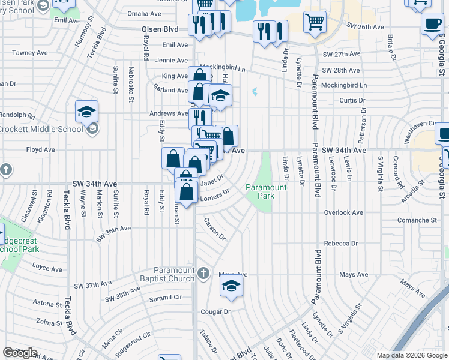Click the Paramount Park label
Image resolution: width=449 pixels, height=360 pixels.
[267, 191]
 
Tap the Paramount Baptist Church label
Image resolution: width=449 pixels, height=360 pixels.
[175, 274]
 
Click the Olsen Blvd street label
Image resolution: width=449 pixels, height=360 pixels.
[160, 29]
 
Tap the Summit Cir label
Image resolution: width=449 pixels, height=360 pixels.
[165, 298]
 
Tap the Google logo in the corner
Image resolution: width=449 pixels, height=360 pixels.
[20, 353]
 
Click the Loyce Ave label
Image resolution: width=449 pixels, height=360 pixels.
[48, 265]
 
